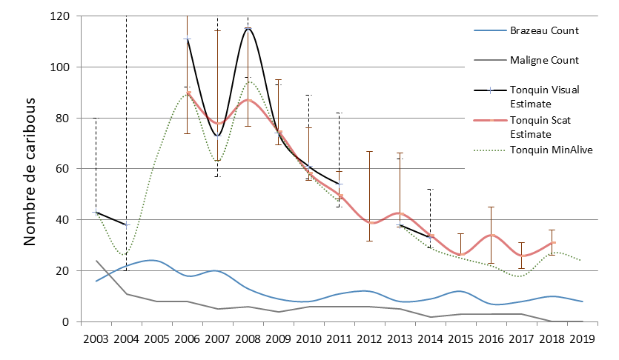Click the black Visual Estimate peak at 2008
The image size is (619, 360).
(248, 28)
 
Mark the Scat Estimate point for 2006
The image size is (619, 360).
(188, 93)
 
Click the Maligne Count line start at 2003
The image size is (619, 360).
(96, 261)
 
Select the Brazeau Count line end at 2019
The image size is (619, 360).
(582, 301)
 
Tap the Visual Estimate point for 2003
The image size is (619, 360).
(96, 213)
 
